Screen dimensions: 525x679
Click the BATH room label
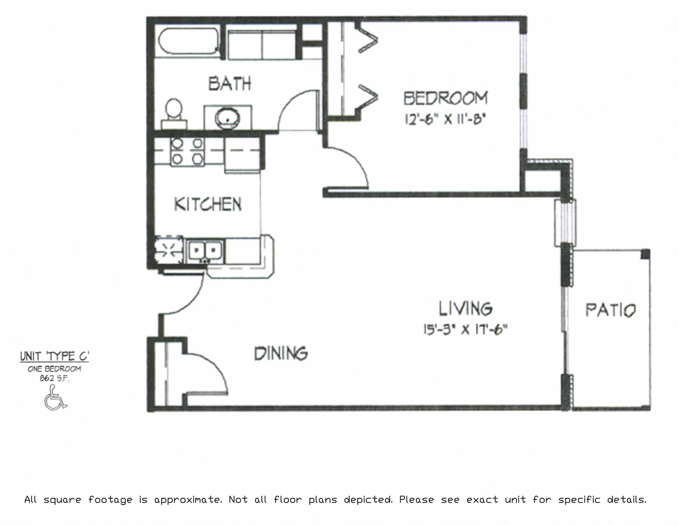[x=229, y=84]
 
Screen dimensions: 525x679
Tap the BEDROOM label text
[x=445, y=98]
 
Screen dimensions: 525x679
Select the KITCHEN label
[x=208, y=204]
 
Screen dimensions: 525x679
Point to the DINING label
[x=281, y=354]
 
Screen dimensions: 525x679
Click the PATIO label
[x=610, y=310]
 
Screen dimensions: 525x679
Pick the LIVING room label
[x=465, y=308]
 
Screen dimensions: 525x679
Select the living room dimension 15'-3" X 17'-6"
[x=465, y=329]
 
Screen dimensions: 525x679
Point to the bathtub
[x=188, y=42]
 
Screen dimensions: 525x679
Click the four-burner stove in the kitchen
[x=187, y=151]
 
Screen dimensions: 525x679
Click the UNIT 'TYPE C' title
[x=54, y=356]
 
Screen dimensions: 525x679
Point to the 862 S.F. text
[x=54, y=379]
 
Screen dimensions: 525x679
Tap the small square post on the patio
[x=645, y=254]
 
